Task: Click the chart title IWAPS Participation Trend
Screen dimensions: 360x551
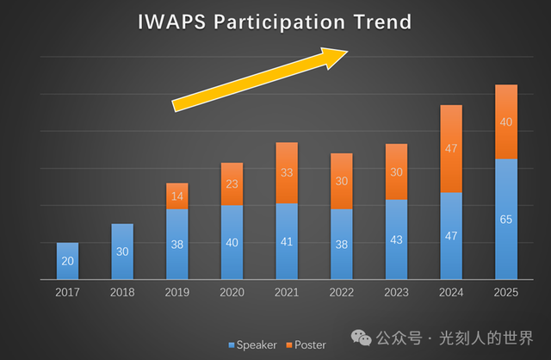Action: (275, 21)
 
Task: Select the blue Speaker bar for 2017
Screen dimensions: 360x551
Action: (68, 261)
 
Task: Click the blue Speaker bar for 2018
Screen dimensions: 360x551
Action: (122, 251)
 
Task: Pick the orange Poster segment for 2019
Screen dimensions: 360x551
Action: (177, 196)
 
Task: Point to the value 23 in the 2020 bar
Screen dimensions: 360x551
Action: (232, 183)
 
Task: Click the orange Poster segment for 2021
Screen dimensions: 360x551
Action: (286, 172)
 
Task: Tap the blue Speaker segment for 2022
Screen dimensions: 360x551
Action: (341, 244)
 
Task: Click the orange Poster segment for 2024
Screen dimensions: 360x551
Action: (451, 148)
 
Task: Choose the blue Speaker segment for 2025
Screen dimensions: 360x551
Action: (506, 219)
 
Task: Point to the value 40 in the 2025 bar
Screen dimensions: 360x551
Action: (506, 121)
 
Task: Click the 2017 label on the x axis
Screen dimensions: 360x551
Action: (68, 292)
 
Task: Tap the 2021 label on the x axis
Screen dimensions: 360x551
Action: (286, 292)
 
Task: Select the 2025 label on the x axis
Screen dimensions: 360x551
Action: (506, 292)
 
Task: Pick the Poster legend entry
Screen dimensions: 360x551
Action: (306, 344)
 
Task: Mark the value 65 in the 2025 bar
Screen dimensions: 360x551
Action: (506, 220)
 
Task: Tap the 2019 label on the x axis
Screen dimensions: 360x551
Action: (177, 292)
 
